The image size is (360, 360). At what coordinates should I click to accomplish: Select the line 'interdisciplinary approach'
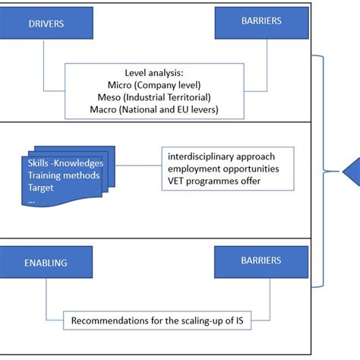pyautogui.click(x=226, y=157)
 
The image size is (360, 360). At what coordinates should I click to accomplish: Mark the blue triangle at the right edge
pyautogui.click(x=352, y=173)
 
